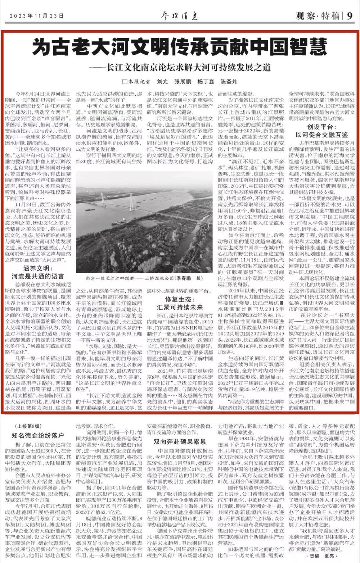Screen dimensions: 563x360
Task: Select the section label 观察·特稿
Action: pos(318,16)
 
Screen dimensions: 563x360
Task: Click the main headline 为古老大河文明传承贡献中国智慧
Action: pos(180,47)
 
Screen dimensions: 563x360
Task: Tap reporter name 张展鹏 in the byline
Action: pos(184,81)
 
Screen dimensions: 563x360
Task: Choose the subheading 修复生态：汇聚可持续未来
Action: pos(180,304)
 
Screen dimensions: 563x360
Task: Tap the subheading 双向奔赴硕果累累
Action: pos(180,442)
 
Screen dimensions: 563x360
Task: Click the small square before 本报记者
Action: pos(125,81)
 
